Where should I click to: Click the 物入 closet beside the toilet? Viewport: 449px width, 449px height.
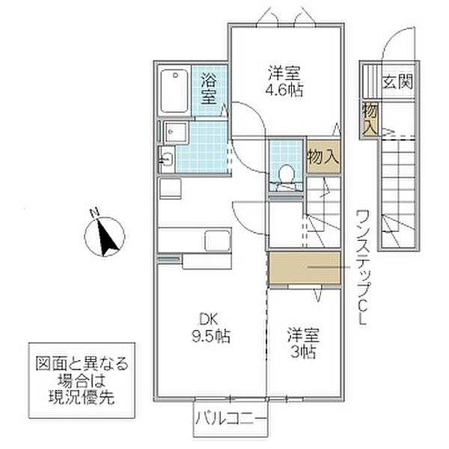[x=323, y=156]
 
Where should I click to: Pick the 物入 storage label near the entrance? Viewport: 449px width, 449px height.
[x=370, y=119]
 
